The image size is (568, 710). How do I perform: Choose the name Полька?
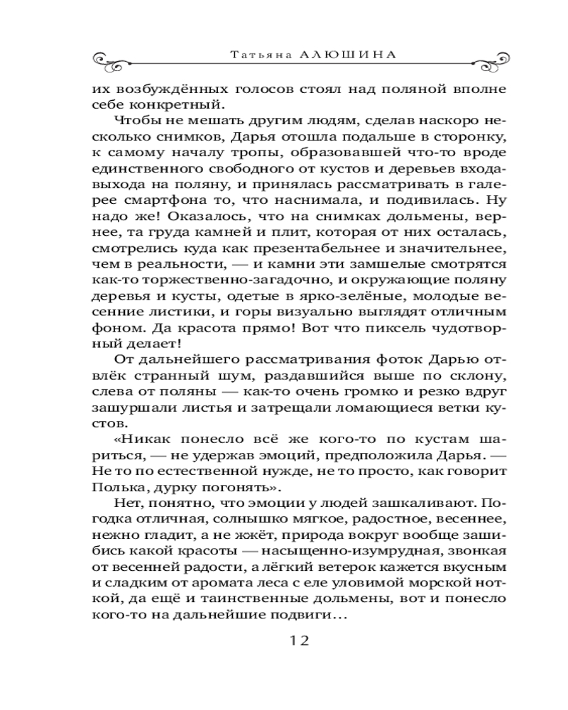point(118,488)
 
